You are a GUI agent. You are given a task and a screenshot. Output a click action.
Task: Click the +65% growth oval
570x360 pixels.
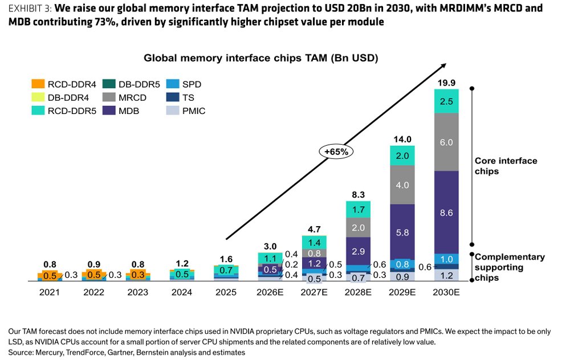coord(336,152)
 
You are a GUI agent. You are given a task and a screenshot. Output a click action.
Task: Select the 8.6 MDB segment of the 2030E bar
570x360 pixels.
coord(446,212)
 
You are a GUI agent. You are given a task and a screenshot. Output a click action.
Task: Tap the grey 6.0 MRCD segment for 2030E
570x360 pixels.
coord(446,142)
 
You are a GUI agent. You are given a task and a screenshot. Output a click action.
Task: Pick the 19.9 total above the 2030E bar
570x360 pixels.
coord(446,83)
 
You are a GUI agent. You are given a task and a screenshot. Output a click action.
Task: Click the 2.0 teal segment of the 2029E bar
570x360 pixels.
coord(402,156)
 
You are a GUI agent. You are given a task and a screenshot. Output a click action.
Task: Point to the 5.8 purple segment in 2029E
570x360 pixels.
coord(402,232)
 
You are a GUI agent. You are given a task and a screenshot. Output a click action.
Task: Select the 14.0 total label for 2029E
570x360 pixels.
coord(402,139)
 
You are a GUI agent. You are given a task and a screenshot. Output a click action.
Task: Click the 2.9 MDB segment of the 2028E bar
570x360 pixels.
coord(358,251)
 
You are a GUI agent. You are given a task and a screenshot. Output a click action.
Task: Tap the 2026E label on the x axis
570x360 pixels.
coord(270,292)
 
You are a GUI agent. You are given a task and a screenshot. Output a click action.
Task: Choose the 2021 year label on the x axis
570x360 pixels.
coord(50,292)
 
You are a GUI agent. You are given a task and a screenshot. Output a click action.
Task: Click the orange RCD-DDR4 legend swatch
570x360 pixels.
coord(38,84)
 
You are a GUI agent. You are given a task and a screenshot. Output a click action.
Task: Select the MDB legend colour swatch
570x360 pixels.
coord(109,111)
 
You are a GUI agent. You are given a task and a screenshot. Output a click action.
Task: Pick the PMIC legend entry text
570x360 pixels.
coord(194,111)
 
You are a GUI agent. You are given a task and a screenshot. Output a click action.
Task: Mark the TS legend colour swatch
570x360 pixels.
coord(173,97)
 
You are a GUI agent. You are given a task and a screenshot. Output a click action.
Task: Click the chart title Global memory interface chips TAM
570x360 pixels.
coord(261,58)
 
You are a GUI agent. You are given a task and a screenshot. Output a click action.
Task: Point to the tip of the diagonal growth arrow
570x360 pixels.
coord(446,64)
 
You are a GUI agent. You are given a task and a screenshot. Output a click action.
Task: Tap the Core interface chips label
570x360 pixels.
coord(506,166)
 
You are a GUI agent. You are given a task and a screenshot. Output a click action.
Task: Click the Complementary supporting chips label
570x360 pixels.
coord(509,267)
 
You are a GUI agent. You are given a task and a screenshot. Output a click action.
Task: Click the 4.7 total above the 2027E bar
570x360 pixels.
coord(314,229)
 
